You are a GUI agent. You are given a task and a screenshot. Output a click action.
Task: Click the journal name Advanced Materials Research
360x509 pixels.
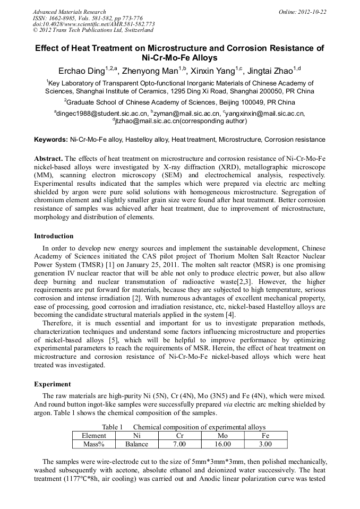click(x=69, y=12)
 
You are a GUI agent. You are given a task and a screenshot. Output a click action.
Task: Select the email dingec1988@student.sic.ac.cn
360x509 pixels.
click(x=102, y=113)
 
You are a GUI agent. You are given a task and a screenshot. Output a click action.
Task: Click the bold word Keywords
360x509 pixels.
click(x=51, y=140)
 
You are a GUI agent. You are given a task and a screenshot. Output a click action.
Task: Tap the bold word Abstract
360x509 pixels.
click(x=48, y=159)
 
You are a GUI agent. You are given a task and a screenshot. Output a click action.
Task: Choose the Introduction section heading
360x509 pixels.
click(x=54, y=236)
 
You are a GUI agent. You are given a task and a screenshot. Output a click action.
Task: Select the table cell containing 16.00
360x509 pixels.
click(x=223, y=444)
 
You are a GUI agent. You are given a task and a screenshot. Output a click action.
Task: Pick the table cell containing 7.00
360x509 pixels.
click(x=180, y=444)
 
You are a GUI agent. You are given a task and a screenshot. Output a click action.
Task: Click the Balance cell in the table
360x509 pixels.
click(x=136, y=444)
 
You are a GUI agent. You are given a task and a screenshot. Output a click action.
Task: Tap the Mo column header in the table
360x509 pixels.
click(x=223, y=435)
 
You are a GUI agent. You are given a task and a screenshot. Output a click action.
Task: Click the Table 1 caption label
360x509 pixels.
click(x=112, y=427)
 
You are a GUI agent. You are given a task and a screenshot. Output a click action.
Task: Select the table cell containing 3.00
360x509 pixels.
click(x=265, y=444)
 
